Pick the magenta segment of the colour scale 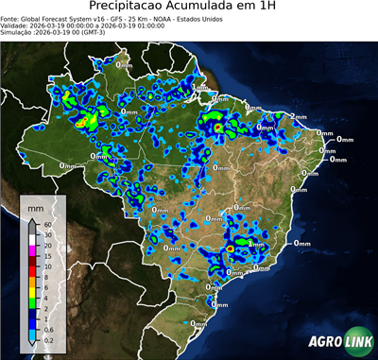[32, 251]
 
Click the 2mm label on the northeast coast [296, 115]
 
